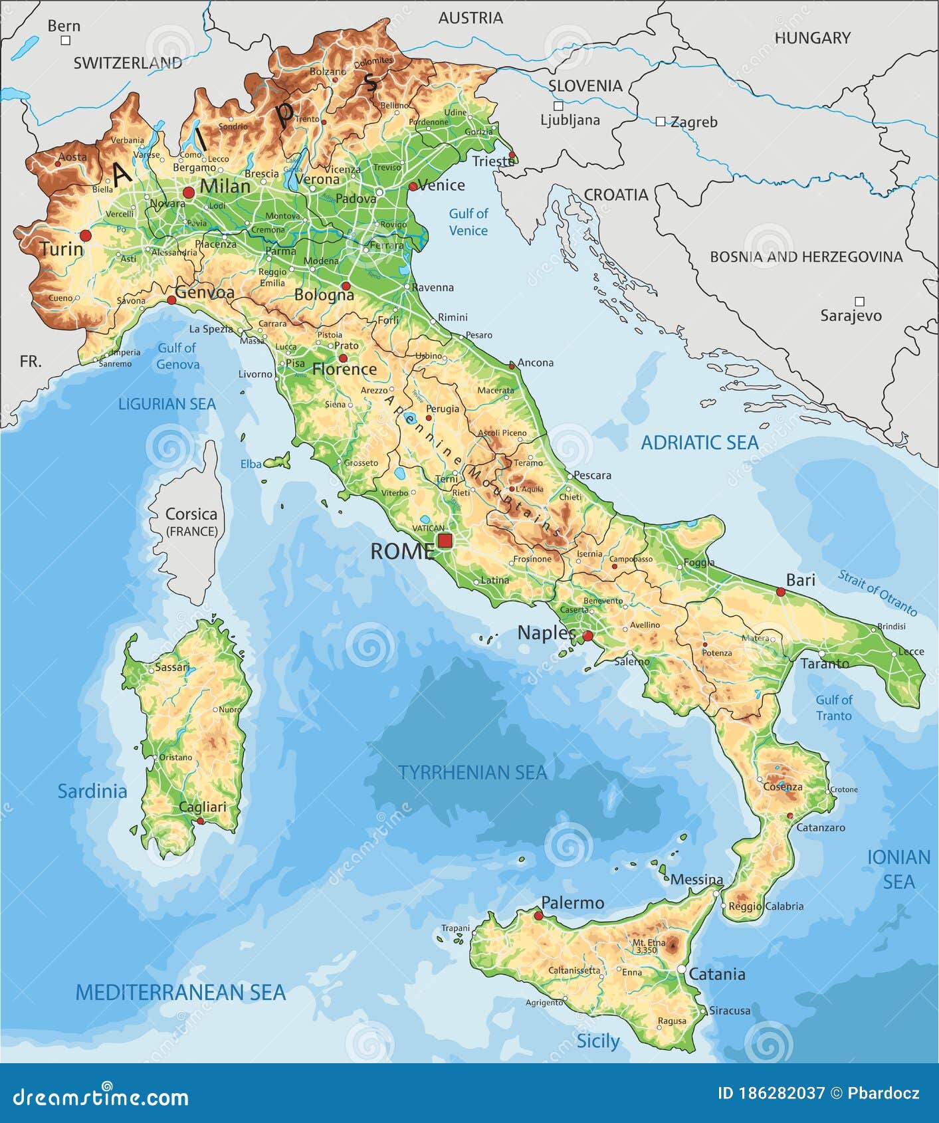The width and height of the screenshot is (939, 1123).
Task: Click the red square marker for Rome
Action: (445, 540)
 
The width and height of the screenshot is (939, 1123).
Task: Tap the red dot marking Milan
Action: (189, 193)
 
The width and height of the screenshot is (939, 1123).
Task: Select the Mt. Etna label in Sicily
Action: (648, 943)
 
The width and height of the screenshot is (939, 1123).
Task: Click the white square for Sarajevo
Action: (859, 302)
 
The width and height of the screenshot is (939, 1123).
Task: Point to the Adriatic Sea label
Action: (699, 443)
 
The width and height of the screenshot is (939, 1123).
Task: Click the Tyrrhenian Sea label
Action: (472, 772)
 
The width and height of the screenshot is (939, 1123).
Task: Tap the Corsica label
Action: (191, 514)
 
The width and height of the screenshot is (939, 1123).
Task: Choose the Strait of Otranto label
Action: (877, 592)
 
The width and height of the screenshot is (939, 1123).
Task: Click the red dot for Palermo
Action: (538, 916)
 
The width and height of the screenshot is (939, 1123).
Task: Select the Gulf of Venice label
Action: (468, 222)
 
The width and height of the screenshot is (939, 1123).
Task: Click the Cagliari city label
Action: (203, 807)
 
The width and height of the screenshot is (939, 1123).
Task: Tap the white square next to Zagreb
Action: (660, 122)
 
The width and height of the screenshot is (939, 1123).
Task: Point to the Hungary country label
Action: (812, 38)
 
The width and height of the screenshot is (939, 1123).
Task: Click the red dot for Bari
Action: (781, 591)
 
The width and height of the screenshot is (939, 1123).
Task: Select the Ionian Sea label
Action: (898, 869)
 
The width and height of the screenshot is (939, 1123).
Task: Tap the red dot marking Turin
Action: (85, 235)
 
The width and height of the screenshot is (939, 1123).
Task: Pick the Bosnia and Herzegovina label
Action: (806, 256)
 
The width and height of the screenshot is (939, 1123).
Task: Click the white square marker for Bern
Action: (65, 41)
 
